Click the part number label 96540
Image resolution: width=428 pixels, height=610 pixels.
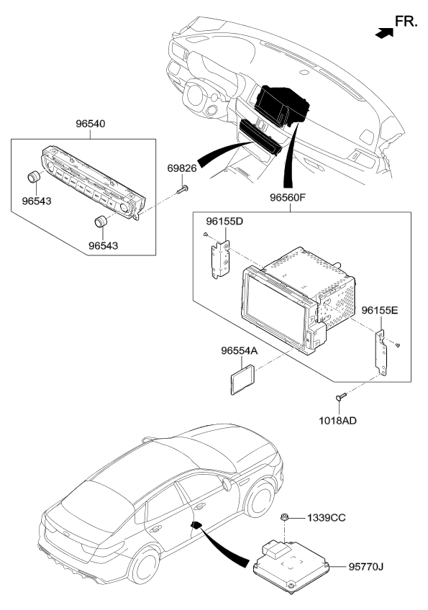[90, 124]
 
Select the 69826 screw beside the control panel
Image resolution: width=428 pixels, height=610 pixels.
[183, 190]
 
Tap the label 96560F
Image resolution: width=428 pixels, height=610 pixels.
[288, 197]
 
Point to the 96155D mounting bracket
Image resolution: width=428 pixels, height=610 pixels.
[220, 260]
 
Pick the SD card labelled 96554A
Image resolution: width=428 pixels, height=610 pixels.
[242, 379]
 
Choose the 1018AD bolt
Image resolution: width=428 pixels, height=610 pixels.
[341, 397]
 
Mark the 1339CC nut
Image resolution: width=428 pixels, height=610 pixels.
[284, 518]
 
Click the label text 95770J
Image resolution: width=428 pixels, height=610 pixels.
[365, 567]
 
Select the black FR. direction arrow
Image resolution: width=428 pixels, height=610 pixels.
[384, 33]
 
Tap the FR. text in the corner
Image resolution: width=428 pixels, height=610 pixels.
[406, 22]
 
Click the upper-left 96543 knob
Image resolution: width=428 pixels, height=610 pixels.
[35, 177]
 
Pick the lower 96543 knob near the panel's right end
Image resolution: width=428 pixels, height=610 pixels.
[101, 221]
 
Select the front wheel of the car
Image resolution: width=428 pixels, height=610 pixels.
[260, 499]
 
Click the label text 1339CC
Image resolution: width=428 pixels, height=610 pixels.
[326, 518]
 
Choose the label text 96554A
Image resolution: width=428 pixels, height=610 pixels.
[240, 351]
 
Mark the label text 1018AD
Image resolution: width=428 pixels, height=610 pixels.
[338, 421]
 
